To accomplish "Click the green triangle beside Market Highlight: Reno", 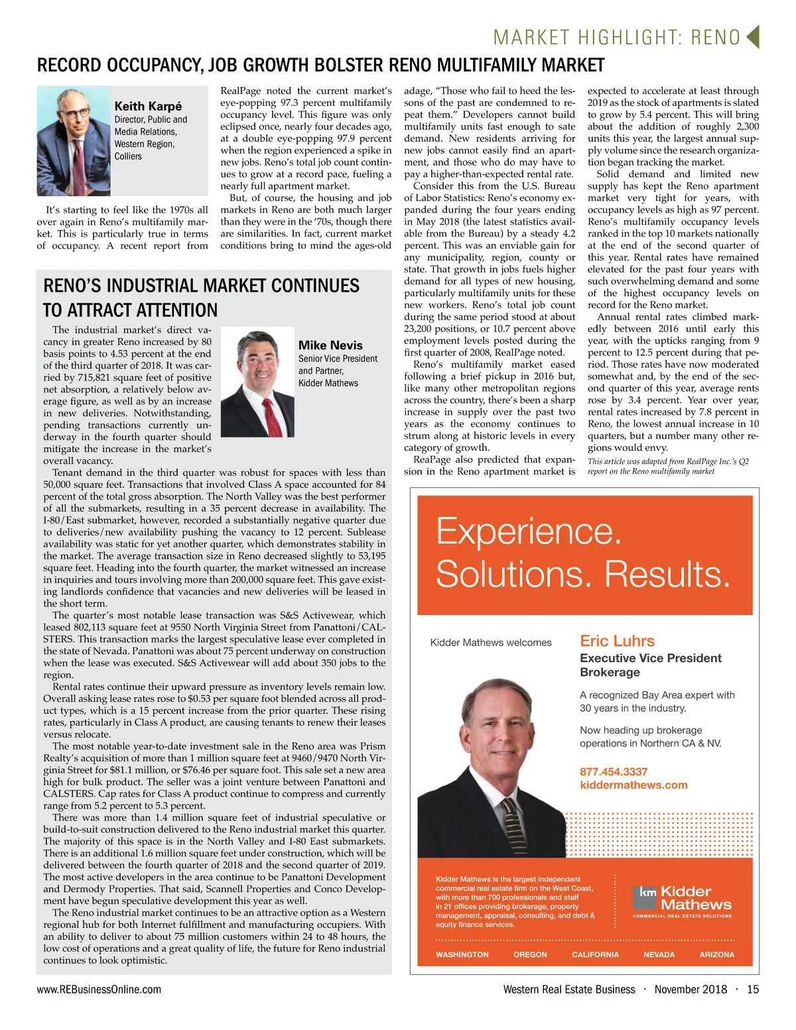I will pyautogui.click(x=752, y=36).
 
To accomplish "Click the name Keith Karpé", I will pyautogui.click(x=148, y=107).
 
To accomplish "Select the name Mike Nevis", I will pyautogui.click(x=330, y=345).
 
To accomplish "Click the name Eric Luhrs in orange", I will pyautogui.click(x=617, y=641).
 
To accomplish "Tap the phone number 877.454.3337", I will pyautogui.click(x=614, y=772).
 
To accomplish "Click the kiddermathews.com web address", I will pyautogui.click(x=633, y=785).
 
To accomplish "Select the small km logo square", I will pyautogui.click(x=647, y=892).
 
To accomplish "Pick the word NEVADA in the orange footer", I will pyautogui.click(x=659, y=954).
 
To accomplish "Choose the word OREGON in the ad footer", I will pyautogui.click(x=530, y=954).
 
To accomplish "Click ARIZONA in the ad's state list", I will pyautogui.click(x=716, y=954).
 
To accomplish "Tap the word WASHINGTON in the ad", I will pyautogui.click(x=462, y=954).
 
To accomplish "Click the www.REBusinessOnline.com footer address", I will pyautogui.click(x=99, y=990).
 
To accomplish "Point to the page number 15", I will pyautogui.click(x=752, y=990).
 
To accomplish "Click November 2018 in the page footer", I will pyautogui.click(x=691, y=990).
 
